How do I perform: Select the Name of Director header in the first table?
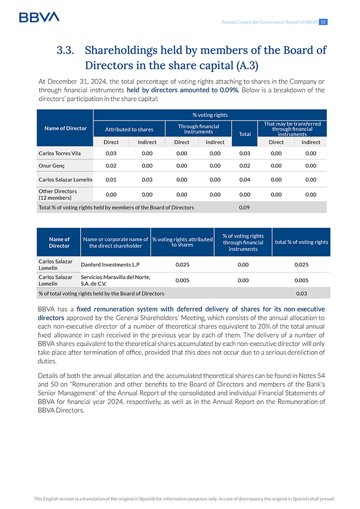coord(66,128)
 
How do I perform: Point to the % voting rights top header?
coord(210,115)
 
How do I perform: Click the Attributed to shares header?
coord(129,129)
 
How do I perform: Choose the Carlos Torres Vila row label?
coord(60,153)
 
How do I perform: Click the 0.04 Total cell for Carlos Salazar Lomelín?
coord(244,179)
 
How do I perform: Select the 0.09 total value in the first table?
coord(244,207)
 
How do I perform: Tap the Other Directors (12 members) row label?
coord(58,194)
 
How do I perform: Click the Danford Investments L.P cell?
coord(110,264)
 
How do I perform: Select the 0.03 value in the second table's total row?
coord(302,293)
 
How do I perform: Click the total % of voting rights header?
coord(302,242)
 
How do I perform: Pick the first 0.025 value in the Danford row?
coord(182,264)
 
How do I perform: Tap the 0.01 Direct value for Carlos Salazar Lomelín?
coord(111,179)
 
